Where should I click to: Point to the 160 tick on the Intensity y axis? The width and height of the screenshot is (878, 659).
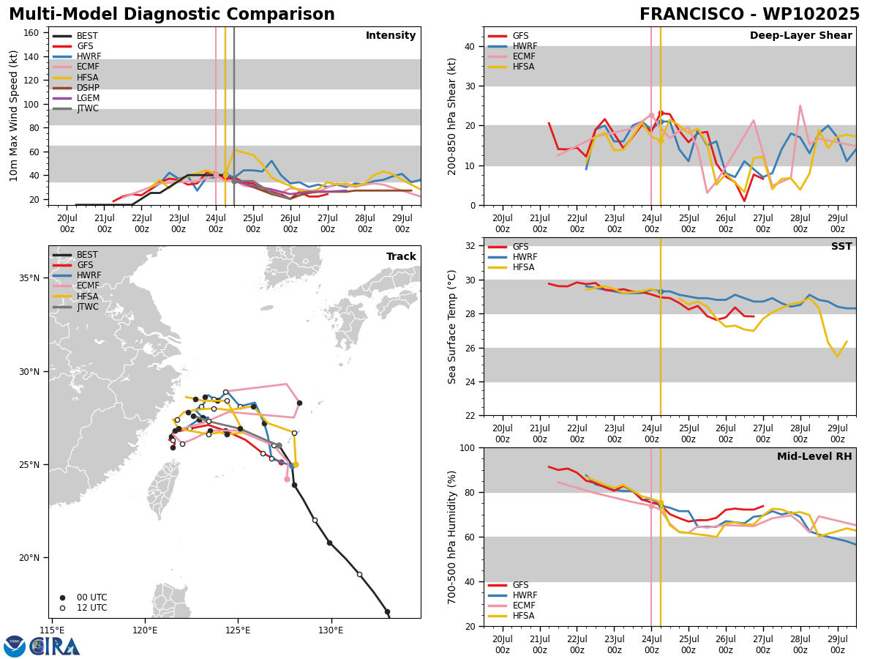click(31, 33)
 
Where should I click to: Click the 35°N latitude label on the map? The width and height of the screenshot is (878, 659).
click(29, 278)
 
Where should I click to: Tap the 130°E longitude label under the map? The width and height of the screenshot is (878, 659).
click(331, 630)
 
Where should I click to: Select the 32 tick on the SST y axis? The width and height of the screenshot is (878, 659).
click(470, 246)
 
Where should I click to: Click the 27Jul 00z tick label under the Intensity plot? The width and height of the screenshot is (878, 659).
click(328, 223)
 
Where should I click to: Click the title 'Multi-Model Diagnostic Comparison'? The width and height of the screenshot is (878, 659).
click(172, 15)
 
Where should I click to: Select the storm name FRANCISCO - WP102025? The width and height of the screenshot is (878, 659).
click(749, 15)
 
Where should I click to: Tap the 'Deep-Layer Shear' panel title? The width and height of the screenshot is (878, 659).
click(800, 35)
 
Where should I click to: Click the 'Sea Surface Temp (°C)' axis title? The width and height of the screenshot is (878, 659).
click(451, 327)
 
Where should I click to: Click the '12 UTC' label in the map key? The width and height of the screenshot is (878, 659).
click(92, 608)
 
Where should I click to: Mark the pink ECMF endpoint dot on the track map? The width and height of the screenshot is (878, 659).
click(288, 480)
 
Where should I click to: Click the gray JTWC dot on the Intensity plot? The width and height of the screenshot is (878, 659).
click(234, 182)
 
